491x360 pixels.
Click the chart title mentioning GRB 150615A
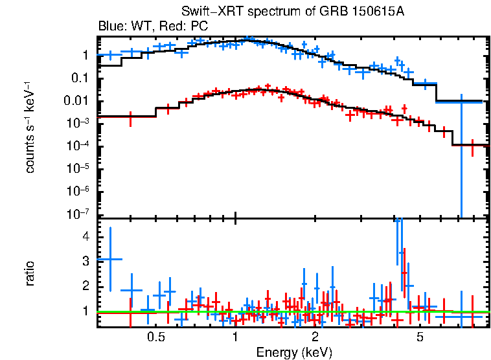click(x=293, y=13)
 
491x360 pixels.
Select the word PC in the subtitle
click(x=198, y=27)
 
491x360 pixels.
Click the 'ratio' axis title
click(x=30, y=274)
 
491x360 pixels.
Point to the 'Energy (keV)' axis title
click(x=294, y=352)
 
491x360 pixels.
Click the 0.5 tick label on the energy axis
click(x=155, y=337)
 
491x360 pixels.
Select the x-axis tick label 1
click(x=235, y=337)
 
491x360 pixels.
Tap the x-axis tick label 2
click(x=315, y=337)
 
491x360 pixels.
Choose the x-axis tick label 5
click(x=420, y=337)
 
